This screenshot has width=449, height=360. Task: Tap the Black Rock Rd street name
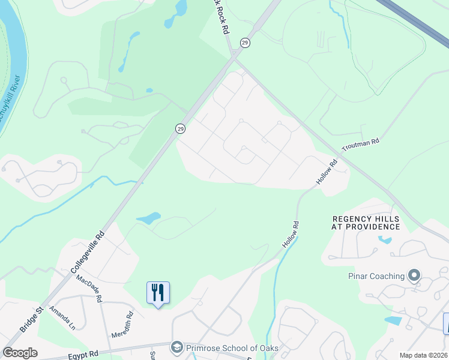click(x=221, y=16)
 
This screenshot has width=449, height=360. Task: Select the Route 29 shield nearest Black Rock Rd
click(x=245, y=42)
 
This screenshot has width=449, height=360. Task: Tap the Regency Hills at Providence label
click(x=366, y=223)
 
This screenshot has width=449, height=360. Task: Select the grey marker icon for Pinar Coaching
click(x=414, y=276)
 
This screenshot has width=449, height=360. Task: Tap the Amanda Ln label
click(x=62, y=317)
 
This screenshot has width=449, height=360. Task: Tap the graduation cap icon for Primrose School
click(x=176, y=347)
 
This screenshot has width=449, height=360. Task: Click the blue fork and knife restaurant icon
click(x=158, y=293)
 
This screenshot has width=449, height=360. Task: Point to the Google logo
click(x=20, y=353)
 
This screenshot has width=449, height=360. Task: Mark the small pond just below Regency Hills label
click(x=384, y=241)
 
